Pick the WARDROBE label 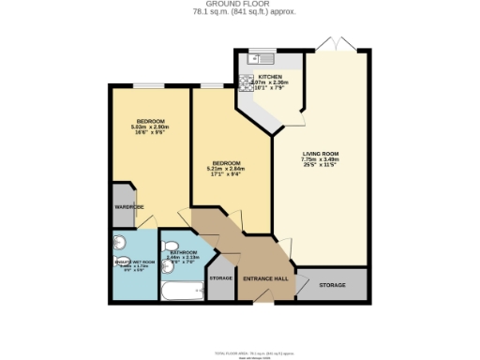click(129, 206)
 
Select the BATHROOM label click(183, 252)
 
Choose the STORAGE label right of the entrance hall click(331, 285)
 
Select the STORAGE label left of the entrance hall click(220, 278)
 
